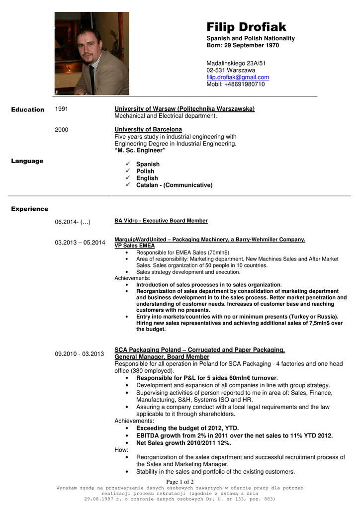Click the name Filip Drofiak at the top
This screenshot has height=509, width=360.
pyautogui.click(x=246, y=27)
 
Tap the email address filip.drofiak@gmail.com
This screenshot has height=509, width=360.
pyautogui.click(x=238, y=78)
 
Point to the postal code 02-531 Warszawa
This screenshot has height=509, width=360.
pyautogui.click(x=231, y=71)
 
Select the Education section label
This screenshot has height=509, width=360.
pyautogui.click(x=28, y=109)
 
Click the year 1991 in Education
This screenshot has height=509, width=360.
pyautogui.click(x=62, y=109)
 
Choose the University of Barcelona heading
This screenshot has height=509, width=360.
pyautogui.click(x=148, y=130)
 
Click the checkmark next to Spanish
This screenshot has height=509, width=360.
pyautogui.click(x=128, y=164)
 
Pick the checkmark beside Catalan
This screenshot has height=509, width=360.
pyautogui.click(x=128, y=185)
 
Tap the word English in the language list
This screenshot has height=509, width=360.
pyautogui.click(x=147, y=178)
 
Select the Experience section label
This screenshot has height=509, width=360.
pyautogui.click(x=30, y=209)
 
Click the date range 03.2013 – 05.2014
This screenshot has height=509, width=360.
pyautogui.click(x=80, y=243)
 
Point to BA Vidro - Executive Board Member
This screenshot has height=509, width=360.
pyautogui.click(x=161, y=221)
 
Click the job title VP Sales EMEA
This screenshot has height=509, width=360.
pyautogui.click(x=135, y=246)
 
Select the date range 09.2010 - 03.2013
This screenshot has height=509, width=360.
pyautogui.click(x=80, y=354)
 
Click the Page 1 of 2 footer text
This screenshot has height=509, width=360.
pyautogui.click(x=180, y=482)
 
